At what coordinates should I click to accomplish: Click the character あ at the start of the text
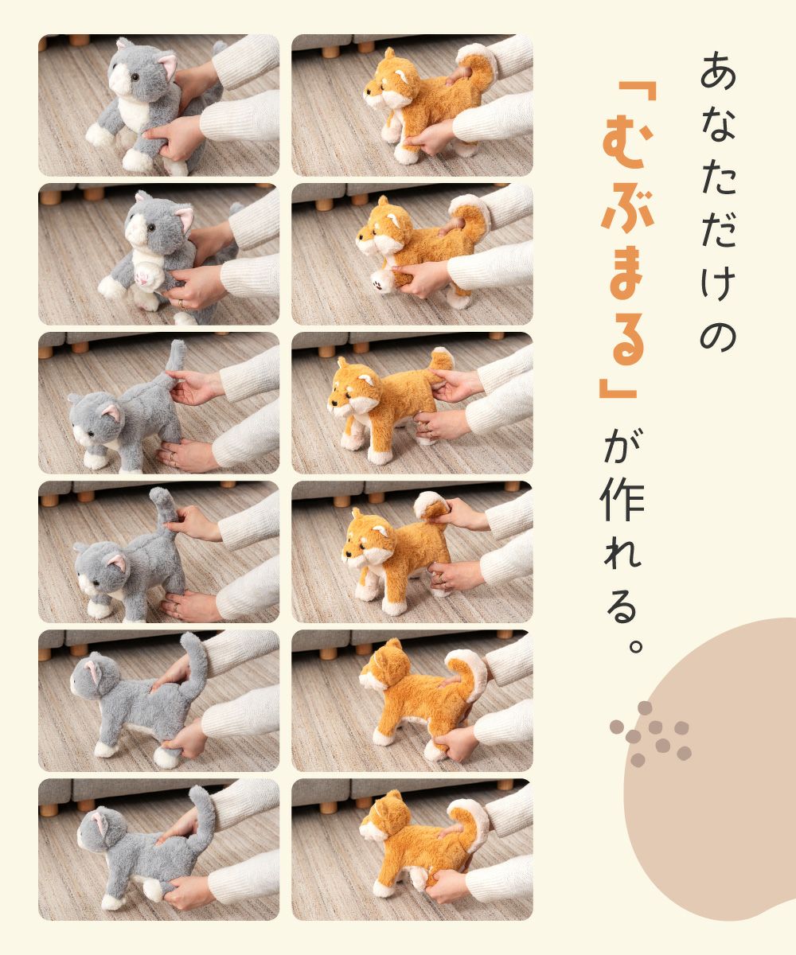tap(718, 71)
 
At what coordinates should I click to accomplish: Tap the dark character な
tap(718, 123)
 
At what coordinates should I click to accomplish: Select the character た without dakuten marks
tap(718, 176)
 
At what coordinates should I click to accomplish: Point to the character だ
tap(719, 228)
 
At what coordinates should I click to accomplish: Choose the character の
tap(718, 336)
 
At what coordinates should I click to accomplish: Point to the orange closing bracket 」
tap(617, 380)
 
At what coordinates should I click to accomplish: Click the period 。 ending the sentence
tap(635, 646)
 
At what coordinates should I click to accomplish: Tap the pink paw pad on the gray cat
tap(144, 277)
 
